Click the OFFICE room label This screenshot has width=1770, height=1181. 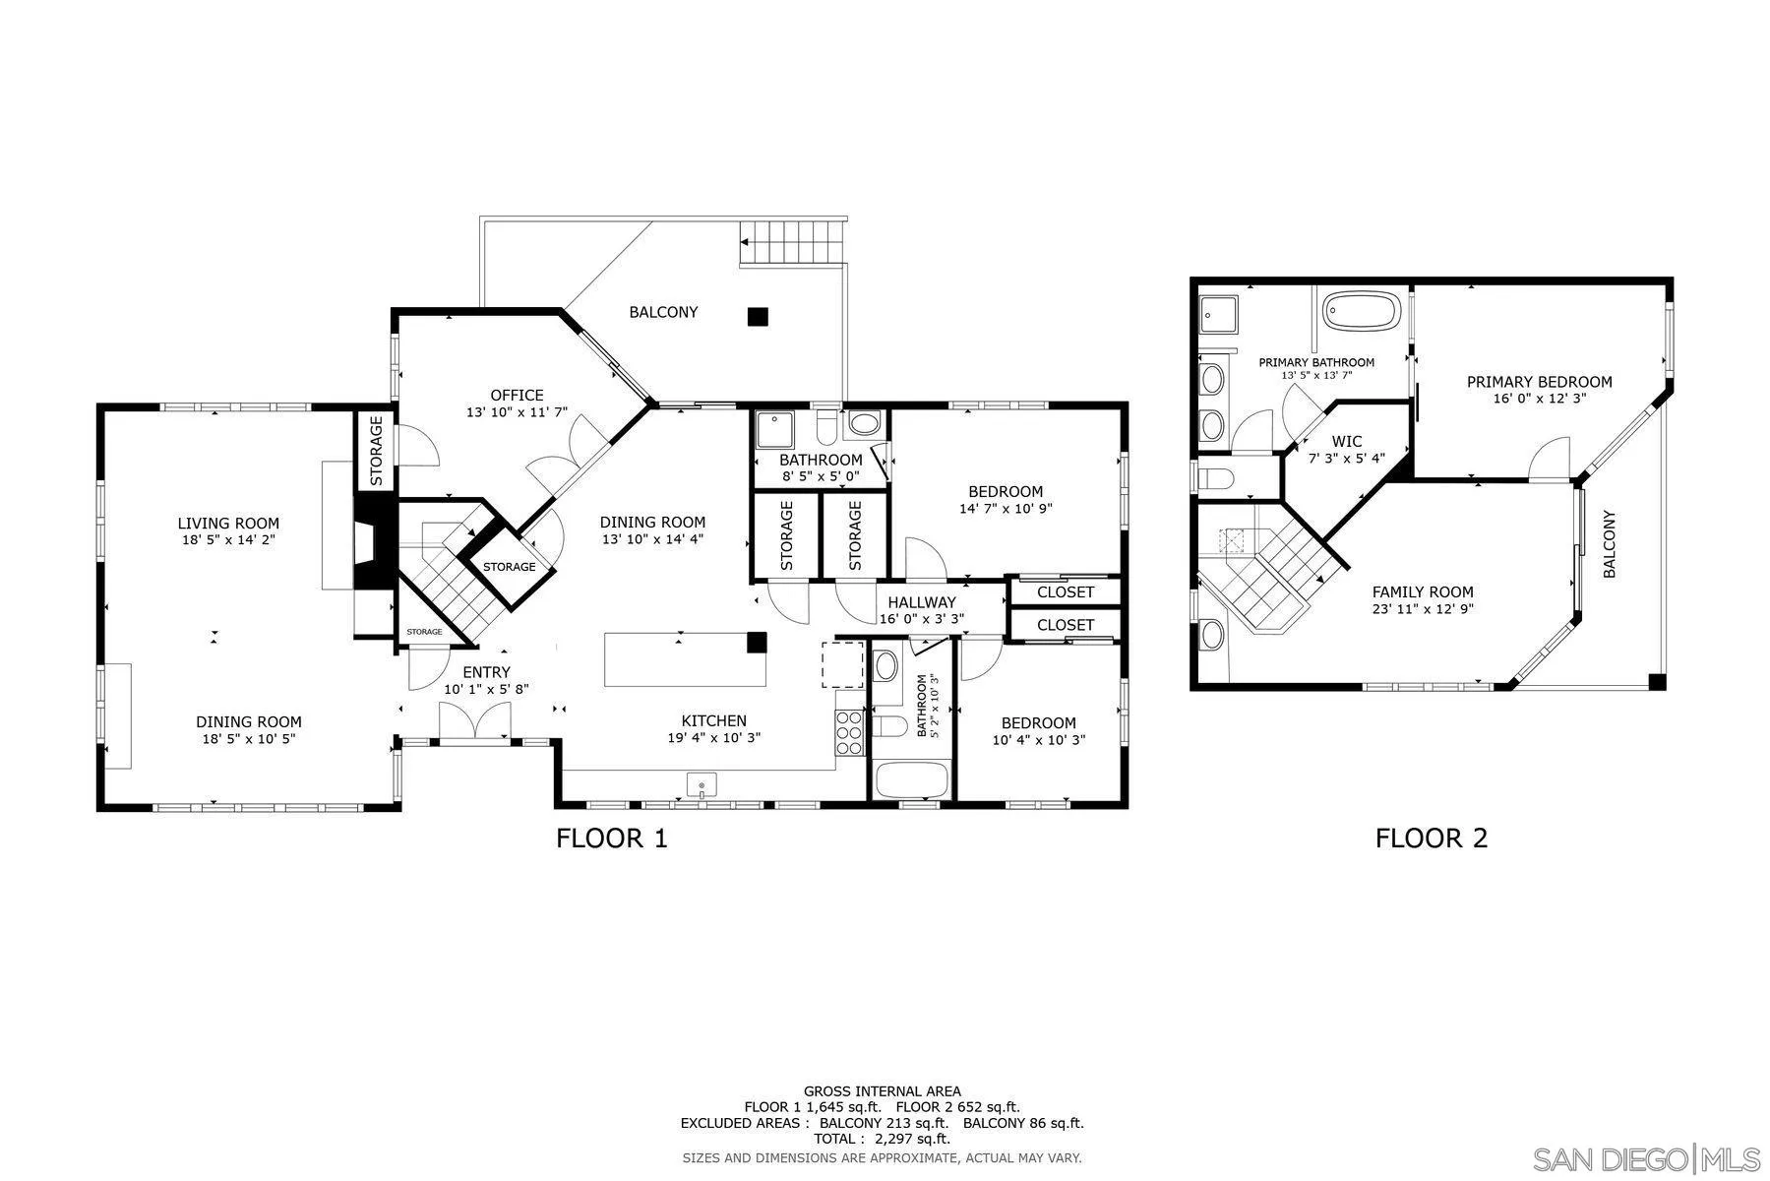click(517, 396)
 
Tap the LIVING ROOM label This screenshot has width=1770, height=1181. click(228, 524)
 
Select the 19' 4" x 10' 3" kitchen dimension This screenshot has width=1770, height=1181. click(714, 737)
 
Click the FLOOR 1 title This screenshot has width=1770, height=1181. click(611, 839)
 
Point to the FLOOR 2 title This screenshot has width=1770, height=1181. click(1431, 839)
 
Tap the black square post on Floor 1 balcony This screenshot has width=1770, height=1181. click(757, 317)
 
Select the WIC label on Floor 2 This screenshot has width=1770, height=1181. click(1347, 442)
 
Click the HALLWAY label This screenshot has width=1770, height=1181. click(921, 602)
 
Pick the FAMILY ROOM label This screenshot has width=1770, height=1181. click(1423, 591)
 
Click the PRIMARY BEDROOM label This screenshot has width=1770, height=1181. click(1539, 382)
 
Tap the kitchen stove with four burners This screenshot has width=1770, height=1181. click(849, 732)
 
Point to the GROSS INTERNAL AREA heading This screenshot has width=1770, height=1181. click(882, 1090)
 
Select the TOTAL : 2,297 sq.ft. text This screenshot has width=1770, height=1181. click(882, 1139)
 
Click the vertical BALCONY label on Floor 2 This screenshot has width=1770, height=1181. click(1610, 543)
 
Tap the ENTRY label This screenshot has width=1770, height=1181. click(486, 672)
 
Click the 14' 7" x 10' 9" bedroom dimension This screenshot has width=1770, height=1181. click(1006, 509)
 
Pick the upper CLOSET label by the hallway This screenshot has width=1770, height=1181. click(1066, 592)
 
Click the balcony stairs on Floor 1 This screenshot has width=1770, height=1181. click(793, 241)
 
